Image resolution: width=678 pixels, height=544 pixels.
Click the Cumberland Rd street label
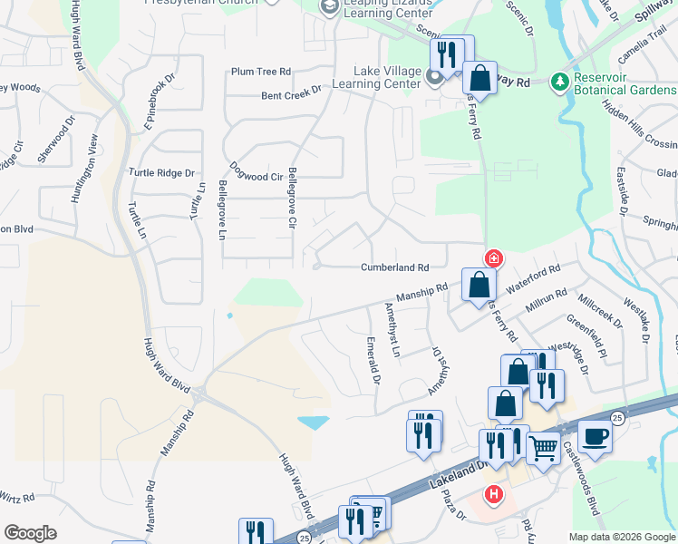[x=394, y=267]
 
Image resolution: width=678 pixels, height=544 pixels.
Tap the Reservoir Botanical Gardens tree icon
[x=560, y=83]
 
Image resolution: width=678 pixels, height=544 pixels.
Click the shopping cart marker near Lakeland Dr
[x=543, y=447]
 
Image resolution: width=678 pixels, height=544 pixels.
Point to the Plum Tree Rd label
[x=261, y=72]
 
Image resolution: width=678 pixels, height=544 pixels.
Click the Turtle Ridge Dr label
[x=162, y=172]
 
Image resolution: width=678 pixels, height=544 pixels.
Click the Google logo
[x=30, y=533]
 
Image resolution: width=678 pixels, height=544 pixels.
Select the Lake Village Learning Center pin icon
[x=434, y=78]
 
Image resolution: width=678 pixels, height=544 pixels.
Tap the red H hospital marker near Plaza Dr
[x=493, y=494]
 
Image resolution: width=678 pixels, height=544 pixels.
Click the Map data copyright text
[x=621, y=537]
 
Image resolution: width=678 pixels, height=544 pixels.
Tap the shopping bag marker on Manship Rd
[x=478, y=287]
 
